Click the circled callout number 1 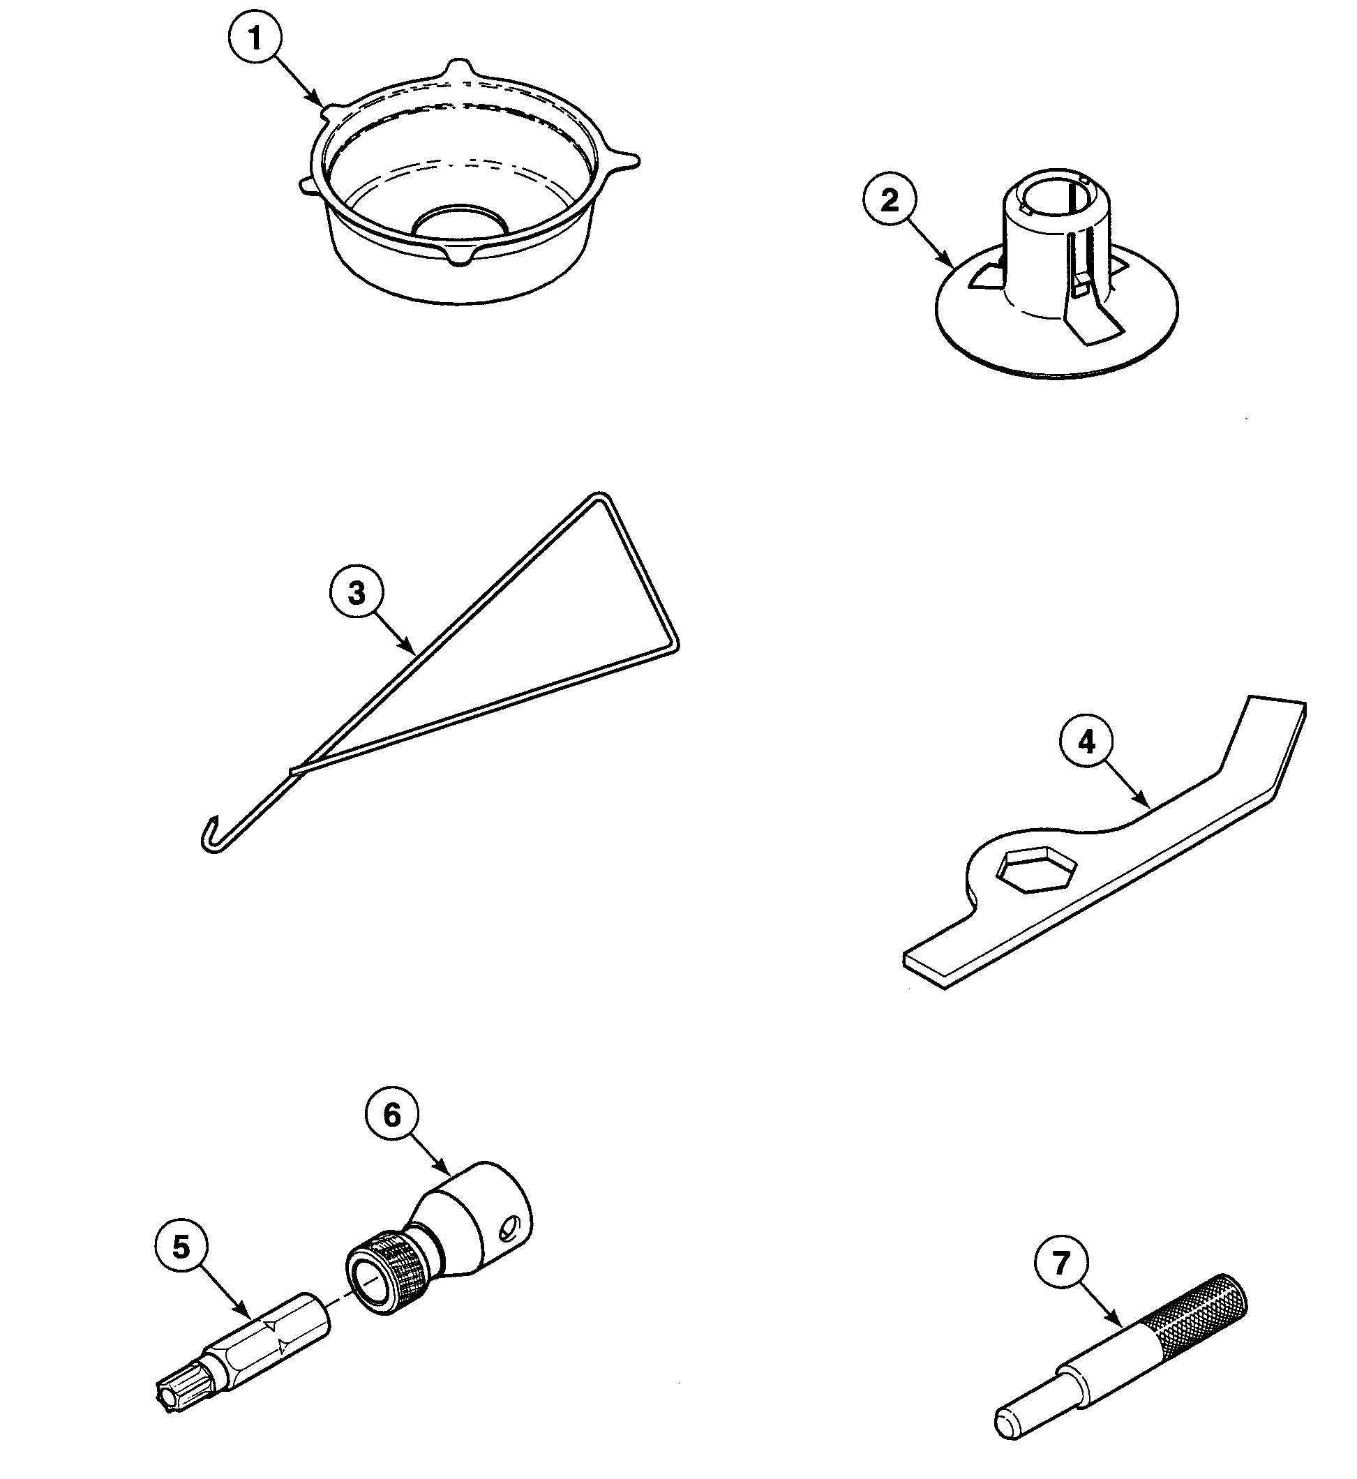(x=255, y=38)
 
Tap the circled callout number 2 (x=890, y=200)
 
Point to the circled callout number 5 (x=181, y=1247)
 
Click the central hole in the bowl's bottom (x=460, y=221)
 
